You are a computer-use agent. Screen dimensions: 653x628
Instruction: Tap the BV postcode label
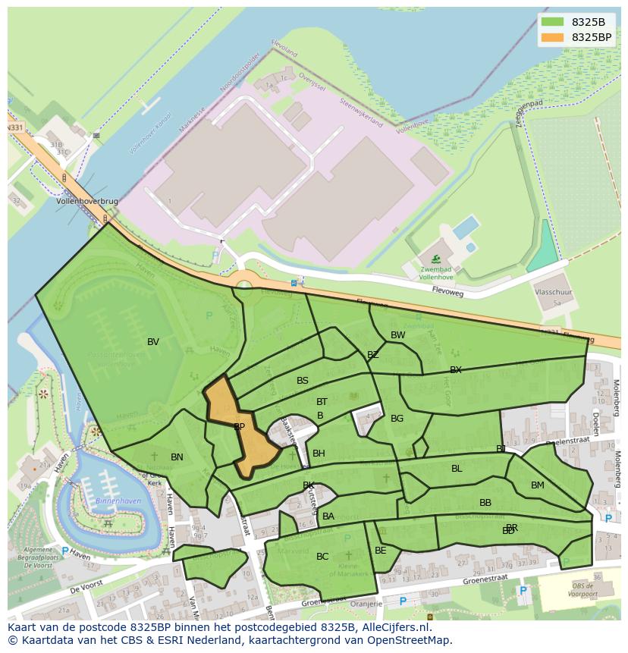[x=153, y=342]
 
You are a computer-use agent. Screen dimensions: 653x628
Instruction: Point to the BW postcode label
[x=397, y=335]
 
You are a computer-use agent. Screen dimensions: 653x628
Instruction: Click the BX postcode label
[x=456, y=370]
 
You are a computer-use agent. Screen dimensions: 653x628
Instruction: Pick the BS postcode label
[x=303, y=381]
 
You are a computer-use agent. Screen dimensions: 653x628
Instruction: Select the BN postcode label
[x=177, y=457]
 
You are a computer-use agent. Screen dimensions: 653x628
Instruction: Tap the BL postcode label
[x=457, y=469]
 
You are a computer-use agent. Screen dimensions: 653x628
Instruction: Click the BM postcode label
[x=538, y=485]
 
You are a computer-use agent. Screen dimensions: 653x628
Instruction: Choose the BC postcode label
[x=322, y=557]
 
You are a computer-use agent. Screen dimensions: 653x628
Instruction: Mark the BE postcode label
[x=381, y=551]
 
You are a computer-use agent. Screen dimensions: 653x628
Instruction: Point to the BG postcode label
[x=397, y=419]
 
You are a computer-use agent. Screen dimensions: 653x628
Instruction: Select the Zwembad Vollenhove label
[x=436, y=273]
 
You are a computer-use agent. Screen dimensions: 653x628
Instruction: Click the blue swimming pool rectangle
[x=465, y=227]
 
